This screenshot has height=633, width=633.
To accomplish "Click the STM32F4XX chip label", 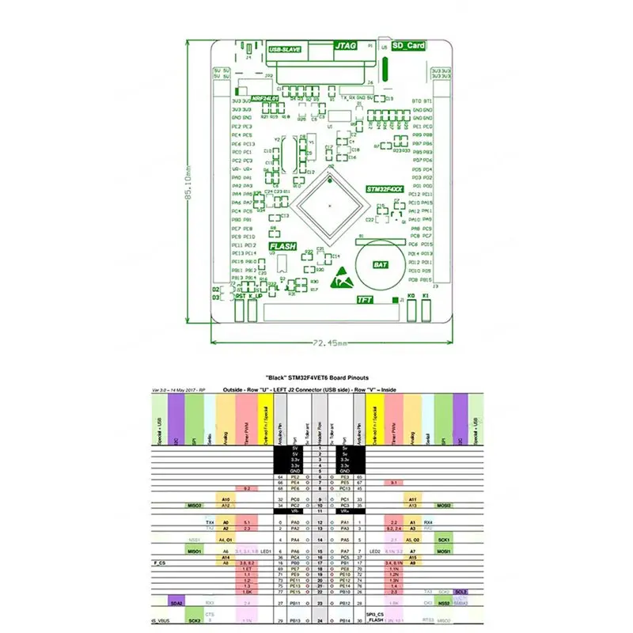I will (x=385, y=191).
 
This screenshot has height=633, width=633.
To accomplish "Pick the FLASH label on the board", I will (x=282, y=247).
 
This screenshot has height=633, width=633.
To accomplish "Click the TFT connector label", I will (x=365, y=300).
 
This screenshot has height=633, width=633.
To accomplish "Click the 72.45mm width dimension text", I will (x=325, y=343).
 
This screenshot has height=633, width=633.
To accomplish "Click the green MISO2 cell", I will (x=195, y=505).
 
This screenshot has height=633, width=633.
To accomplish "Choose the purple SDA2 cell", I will (x=176, y=603).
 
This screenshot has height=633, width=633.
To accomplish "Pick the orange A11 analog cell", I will (x=413, y=499).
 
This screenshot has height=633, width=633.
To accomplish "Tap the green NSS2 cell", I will (x=444, y=603).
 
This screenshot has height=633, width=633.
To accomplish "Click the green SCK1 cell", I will (x=444, y=539).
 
